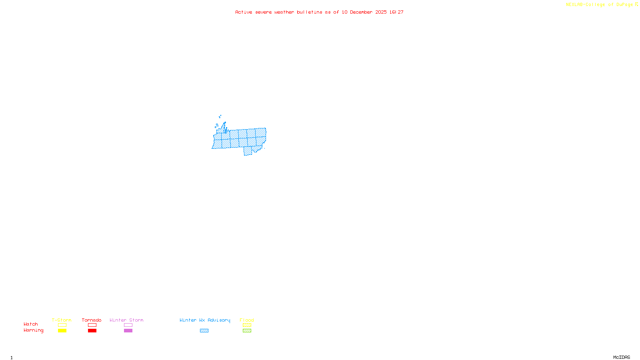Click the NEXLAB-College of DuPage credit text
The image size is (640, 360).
coord(600,5)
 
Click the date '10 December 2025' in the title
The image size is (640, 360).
coord(364,12)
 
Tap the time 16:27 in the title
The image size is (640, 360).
coord(396,12)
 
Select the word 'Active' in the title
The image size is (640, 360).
coord(244,12)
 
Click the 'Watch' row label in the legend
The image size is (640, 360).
coord(31,324)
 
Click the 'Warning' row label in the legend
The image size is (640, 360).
coord(34,330)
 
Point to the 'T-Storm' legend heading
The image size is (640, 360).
coord(62,320)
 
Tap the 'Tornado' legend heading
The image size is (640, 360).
coord(92,320)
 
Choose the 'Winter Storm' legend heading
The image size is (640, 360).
coord(126,320)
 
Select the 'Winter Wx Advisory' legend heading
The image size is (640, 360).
coord(205,320)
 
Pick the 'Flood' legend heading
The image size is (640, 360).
coord(247,320)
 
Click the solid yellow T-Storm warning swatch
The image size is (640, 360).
coord(62,331)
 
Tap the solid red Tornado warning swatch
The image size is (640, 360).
coord(92,331)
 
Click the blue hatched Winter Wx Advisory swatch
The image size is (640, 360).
coord(204,331)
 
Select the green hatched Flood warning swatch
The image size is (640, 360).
coord(247,331)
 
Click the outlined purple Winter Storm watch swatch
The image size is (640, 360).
coord(128,325)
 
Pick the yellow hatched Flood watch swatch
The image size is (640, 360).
coord(247,325)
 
